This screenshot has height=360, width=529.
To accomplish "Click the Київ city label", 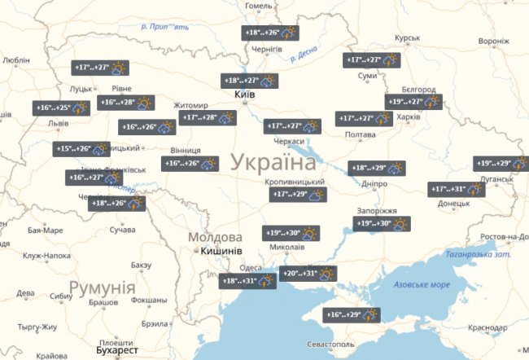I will pos(244,95).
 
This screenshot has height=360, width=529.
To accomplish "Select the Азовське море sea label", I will pos(422,285).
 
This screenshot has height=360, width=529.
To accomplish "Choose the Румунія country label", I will pos(102,288).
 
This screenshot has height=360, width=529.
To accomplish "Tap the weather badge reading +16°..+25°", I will pos(62,108).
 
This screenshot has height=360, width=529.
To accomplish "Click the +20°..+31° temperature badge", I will pos(308,274).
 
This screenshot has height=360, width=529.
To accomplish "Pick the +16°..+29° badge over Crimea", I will pos(353,314).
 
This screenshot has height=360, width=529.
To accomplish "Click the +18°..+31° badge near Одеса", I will pos(248,281).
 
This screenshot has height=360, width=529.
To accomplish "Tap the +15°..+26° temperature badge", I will pos(81,149).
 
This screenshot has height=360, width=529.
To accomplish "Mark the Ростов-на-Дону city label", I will pos(505,237).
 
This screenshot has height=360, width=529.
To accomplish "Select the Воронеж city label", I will pos(493,42).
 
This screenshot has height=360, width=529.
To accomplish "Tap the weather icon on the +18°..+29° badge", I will pos(395,169).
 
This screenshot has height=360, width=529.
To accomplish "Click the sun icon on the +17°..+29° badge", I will pos(317,195).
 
